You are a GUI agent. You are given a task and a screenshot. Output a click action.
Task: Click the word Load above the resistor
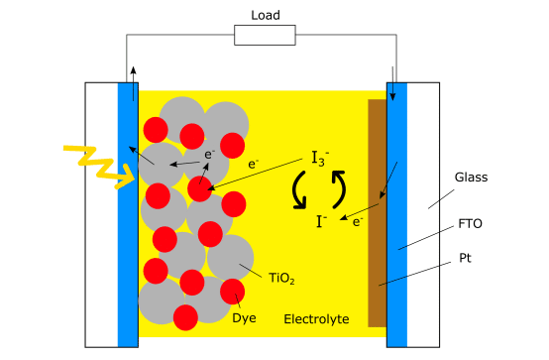(x=265, y=15)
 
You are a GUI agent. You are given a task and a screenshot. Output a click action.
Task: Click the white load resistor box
(x=265, y=36)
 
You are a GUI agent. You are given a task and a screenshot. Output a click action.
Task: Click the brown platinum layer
(x=377, y=212)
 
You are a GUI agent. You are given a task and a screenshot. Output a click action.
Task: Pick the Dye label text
(x=244, y=319)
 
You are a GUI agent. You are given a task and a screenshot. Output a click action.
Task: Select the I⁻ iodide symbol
(x=322, y=221)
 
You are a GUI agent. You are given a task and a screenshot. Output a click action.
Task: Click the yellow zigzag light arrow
(x=98, y=164)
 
